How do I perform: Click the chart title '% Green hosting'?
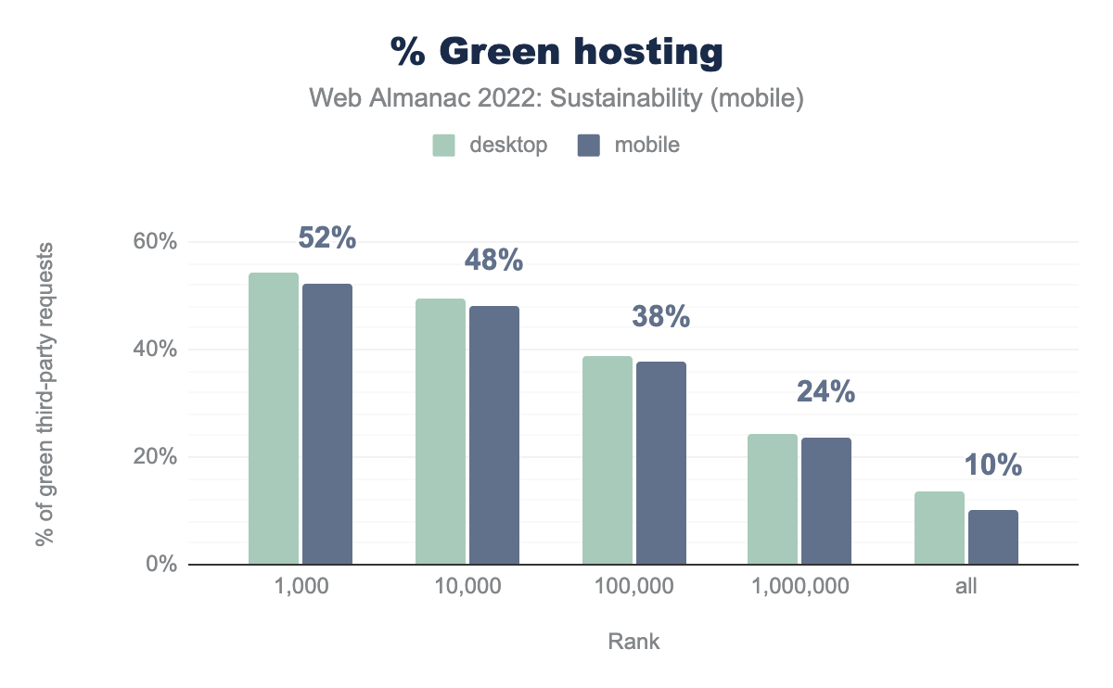click(x=556, y=53)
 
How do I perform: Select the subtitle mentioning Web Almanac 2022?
click(x=556, y=98)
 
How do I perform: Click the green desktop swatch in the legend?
click(x=443, y=146)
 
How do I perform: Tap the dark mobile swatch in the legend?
click(x=589, y=146)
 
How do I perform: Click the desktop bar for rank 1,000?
click(x=274, y=418)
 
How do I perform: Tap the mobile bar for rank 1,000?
click(x=327, y=424)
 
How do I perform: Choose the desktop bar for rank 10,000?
click(x=441, y=431)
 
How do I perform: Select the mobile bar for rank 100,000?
click(x=660, y=463)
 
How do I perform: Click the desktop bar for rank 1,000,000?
click(x=773, y=499)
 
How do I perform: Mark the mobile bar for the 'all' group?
click(x=993, y=537)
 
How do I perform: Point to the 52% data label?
click(x=327, y=238)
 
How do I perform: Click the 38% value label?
click(x=660, y=317)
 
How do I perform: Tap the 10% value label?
click(x=993, y=465)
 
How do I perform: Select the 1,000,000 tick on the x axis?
click(x=799, y=588)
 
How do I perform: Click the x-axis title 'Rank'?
click(x=634, y=642)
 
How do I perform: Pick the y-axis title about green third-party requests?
click(x=45, y=394)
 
